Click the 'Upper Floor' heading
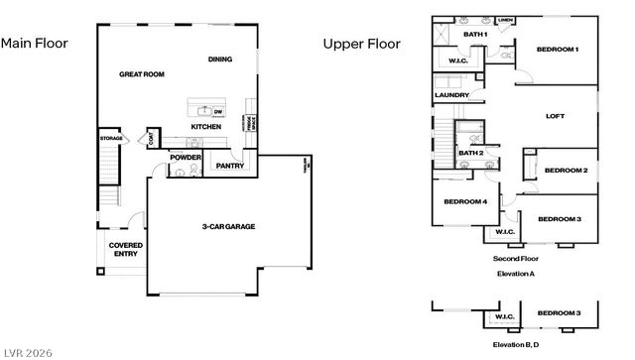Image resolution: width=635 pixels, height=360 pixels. (361, 44)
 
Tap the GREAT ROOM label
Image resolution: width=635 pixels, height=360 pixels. (141, 74)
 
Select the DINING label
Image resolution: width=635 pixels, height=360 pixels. (220, 60)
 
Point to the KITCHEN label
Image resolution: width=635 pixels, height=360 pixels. (205, 127)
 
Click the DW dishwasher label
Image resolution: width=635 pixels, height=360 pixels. (218, 110)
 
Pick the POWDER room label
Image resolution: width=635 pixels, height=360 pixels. (186, 158)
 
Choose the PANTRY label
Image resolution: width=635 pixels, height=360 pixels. (230, 166)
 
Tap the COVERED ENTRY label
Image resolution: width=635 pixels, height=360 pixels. (125, 249)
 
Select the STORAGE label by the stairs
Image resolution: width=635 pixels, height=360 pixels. (110, 138)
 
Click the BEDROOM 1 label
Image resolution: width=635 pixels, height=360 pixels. (557, 50)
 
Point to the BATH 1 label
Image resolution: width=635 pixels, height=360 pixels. (476, 35)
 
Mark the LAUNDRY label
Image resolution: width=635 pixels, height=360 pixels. (451, 96)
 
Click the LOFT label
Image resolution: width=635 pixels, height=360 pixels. (556, 116)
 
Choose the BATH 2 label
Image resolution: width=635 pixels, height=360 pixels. (470, 153)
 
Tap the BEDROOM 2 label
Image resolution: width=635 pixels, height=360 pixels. (566, 171)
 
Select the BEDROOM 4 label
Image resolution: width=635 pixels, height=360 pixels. (465, 201)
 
